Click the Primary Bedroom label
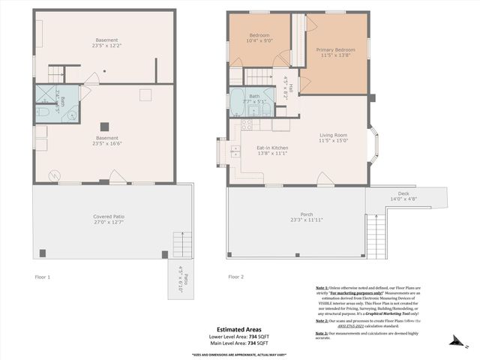tap(335, 49)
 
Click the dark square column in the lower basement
tap(106, 126)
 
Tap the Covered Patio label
tap(108, 217)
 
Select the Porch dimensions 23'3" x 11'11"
tap(296, 220)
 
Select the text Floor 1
tap(43, 277)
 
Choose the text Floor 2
tap(236, 277)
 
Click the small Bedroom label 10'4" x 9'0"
tap(259, 35)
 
